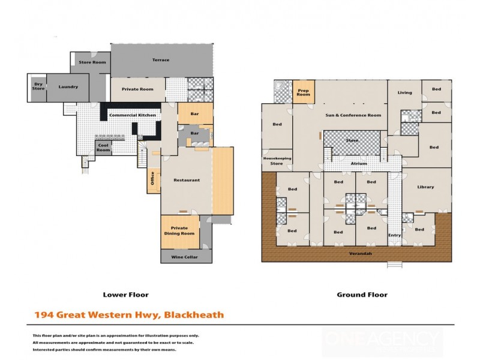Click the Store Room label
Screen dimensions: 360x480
click(x=92, y=62)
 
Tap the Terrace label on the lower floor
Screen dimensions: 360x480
click(x=160, y=60)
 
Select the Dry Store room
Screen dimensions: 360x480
click(x=37, y=87)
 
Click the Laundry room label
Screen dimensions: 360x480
click(x=68, y=87)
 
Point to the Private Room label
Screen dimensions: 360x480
click(x=137, y=89)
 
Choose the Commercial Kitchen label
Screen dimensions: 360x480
click(x=133, y=115)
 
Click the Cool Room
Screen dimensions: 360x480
click(x=104, y=148)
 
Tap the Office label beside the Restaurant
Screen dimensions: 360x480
click(x=152, y=179)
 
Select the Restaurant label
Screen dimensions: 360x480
click(x=187, y=180)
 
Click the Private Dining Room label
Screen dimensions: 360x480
click(x=179, y=231)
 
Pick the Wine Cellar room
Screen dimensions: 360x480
click(x=186, y=257)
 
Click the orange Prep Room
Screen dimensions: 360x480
click(x=304, y=92)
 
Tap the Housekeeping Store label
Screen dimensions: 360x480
click(x=277, y=160)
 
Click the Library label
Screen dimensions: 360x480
click(x=425, y=187)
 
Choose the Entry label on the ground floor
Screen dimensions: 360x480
click(x=394, y=235)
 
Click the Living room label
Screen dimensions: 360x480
click(x=404, y=92)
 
